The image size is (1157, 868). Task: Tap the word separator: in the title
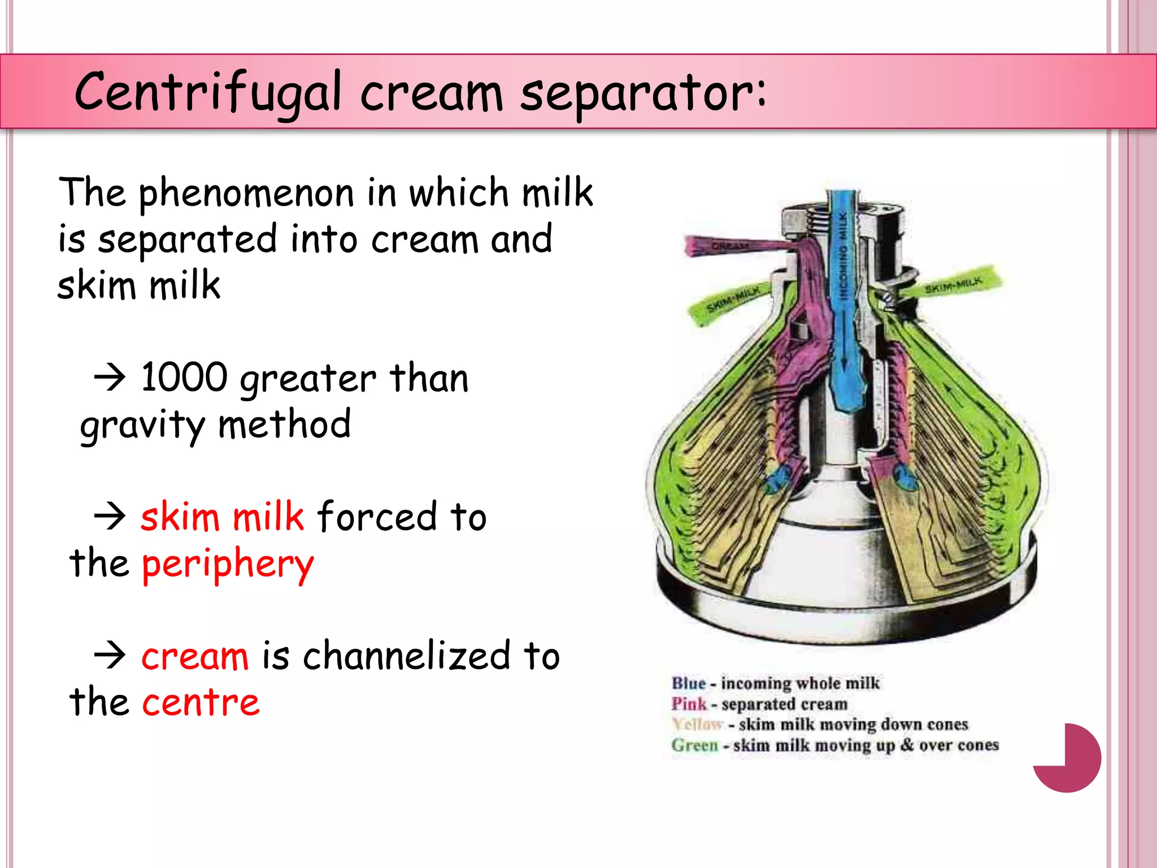pos(643,92)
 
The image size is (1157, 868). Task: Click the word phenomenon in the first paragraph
pos(246,194)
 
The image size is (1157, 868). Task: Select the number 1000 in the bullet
pos(184,377)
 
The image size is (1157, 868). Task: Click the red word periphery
pos(228,565)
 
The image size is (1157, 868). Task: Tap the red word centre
pos(201,702)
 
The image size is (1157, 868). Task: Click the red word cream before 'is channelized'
pos(195,657)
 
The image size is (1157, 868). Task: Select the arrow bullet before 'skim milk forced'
pos(110,517)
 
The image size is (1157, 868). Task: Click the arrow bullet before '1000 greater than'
pos(110,377)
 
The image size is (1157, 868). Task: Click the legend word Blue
pos(688,683)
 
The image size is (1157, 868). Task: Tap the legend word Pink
pos(689,704)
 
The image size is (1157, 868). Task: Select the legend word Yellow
pos(697,724)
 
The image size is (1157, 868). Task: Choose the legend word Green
pos(694,745)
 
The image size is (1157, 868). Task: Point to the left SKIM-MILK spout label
pos(733,300)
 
